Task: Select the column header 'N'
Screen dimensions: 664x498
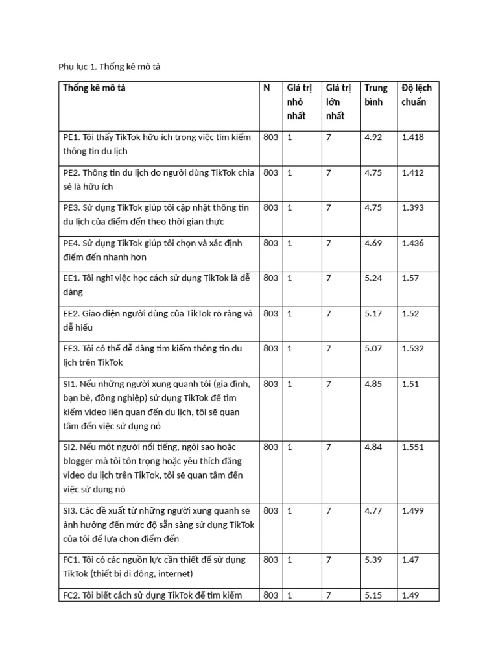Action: tap(267, 88)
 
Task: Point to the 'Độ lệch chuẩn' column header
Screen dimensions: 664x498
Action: tap(416, 95)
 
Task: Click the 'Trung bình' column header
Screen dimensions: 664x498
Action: tap(376, 95)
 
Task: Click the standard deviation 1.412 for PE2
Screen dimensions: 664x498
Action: tap(414, 172)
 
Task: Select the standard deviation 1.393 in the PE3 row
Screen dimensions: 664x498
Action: tap(414, 208)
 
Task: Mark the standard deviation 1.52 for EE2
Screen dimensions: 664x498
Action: tap(412, 314)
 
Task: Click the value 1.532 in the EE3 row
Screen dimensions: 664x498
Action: tap(414, 349)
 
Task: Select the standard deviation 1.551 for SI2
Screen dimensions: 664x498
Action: tap(414, 447)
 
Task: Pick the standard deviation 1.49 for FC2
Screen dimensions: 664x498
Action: tap(412, 595)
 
